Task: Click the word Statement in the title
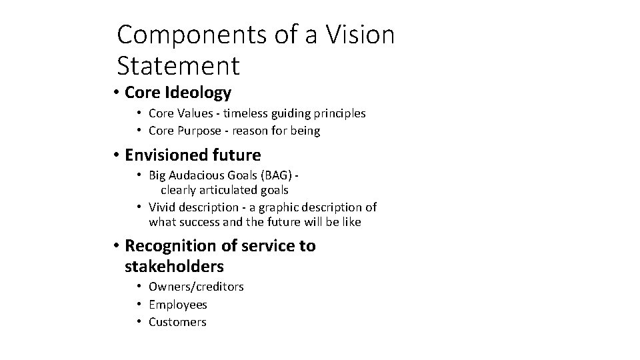pyautogui.click(x=177, y=65)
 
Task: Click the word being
pyautogui.click(x=305, y=131)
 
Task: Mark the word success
pyautogui.click(x=204, y=221)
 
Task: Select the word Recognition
pyautogui.click(x=171, y=246)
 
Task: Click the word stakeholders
pyautogui.click(x=174, y=267)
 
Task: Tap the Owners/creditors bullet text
pyautogui.click(x=196, y=287)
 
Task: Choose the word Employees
pyautogui.click(x=178, y=305)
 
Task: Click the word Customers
pyautogui.click(x=177, y=322)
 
